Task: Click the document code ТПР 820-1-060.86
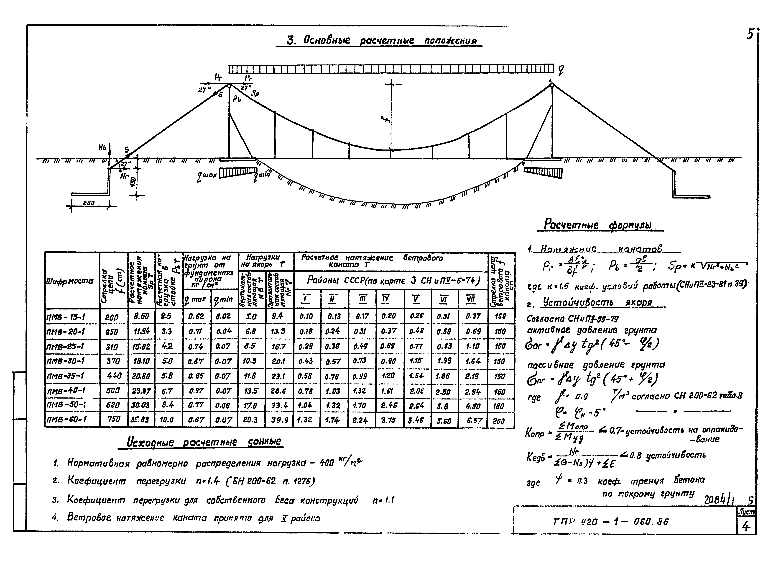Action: click(610, 522)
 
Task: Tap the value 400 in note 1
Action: click(326, 463)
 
